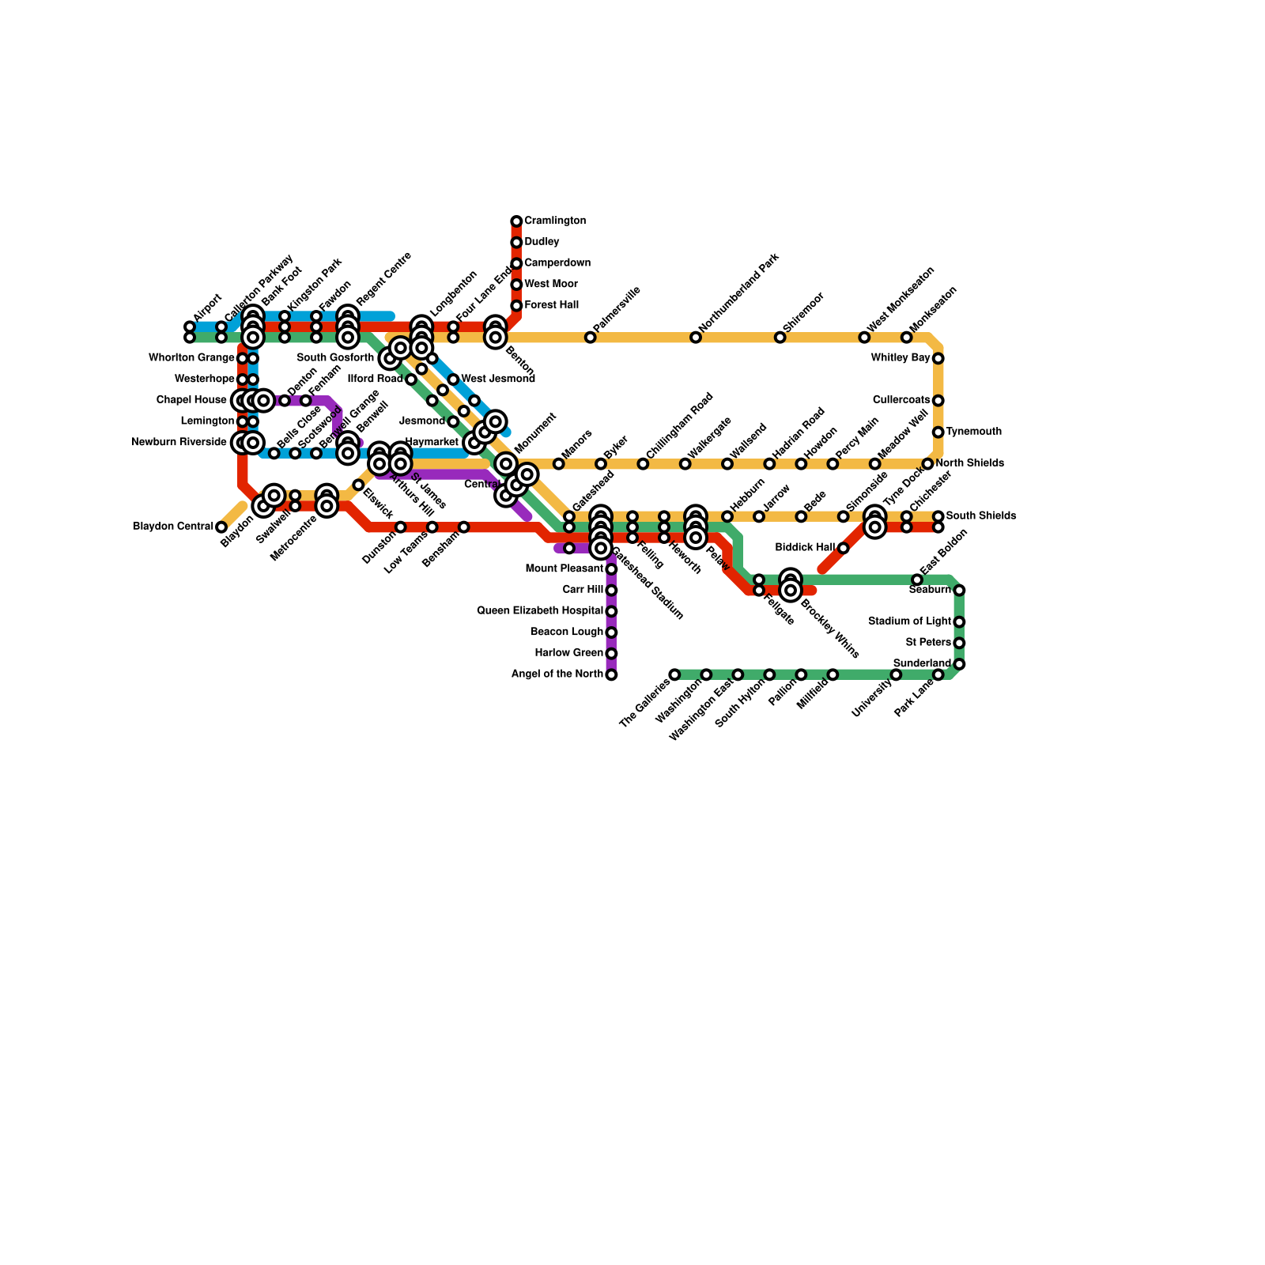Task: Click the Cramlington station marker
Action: [516, 221]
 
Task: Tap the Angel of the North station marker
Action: [611, 674]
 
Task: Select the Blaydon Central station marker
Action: [221, 527]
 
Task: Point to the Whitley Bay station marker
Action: [938, 358]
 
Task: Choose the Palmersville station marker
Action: [590, 338]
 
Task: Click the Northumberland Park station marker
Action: [696, 338]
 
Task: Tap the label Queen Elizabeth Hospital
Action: [540, 611]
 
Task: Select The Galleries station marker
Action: [674, 674]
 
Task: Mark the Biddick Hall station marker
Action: [843, 548]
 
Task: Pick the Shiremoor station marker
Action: [780, 338]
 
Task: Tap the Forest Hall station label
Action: [551, 305]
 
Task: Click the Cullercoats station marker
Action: [938, 401]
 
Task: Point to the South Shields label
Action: [980, 516]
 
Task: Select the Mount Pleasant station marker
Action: [611, 569]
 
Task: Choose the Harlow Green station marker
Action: [611, 653]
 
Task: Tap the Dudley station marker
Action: [516, 243]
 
